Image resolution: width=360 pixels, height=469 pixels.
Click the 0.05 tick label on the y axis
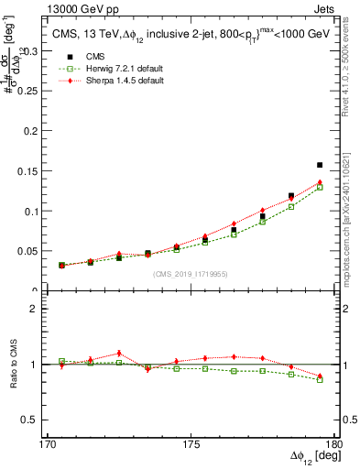29,250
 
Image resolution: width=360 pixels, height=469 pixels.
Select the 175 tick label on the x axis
191,444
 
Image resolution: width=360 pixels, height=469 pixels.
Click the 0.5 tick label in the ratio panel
33,420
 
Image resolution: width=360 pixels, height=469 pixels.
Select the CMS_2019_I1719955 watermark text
191,273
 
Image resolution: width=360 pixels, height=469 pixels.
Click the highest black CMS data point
320,165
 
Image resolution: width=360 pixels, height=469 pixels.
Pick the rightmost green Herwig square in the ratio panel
320,379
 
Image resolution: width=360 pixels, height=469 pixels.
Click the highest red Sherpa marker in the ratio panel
119,353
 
